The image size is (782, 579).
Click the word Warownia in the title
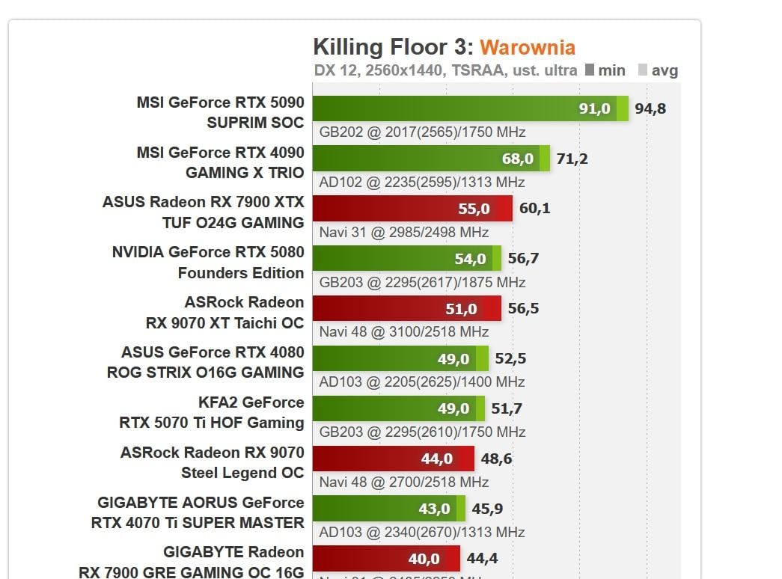coord(528,48)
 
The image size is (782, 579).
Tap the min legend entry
coord(605,70)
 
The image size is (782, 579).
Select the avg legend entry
coord(658,70)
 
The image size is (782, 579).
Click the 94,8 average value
coord(650,109)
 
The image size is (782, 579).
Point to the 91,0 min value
coord(594,109)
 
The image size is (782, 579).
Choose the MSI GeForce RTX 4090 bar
coord(430,159)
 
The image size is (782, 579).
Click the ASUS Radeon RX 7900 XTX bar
coord(412,209)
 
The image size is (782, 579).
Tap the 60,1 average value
coord(534,209)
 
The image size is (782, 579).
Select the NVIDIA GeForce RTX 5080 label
coord(208,263)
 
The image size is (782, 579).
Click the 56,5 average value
coord(523,309)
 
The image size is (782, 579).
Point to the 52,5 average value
coord(510,359)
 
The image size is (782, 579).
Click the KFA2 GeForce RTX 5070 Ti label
coord(212,413)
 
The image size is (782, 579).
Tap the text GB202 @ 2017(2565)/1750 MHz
coord(422,132)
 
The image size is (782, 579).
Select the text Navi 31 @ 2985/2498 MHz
coord(404,233)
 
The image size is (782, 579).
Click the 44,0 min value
coord(437,459)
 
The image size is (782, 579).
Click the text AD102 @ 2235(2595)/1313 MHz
coord(422,183)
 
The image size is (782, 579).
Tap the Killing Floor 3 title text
coord(393,47)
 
